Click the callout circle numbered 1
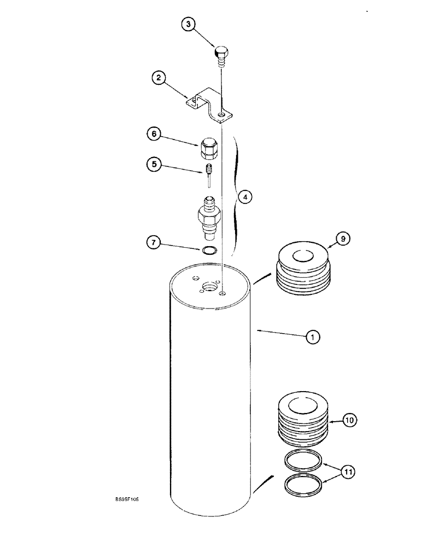pos(312,338)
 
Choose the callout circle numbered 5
pos(155,163)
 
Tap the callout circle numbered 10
pos(349,420)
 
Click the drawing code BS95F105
pos(127,499)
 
